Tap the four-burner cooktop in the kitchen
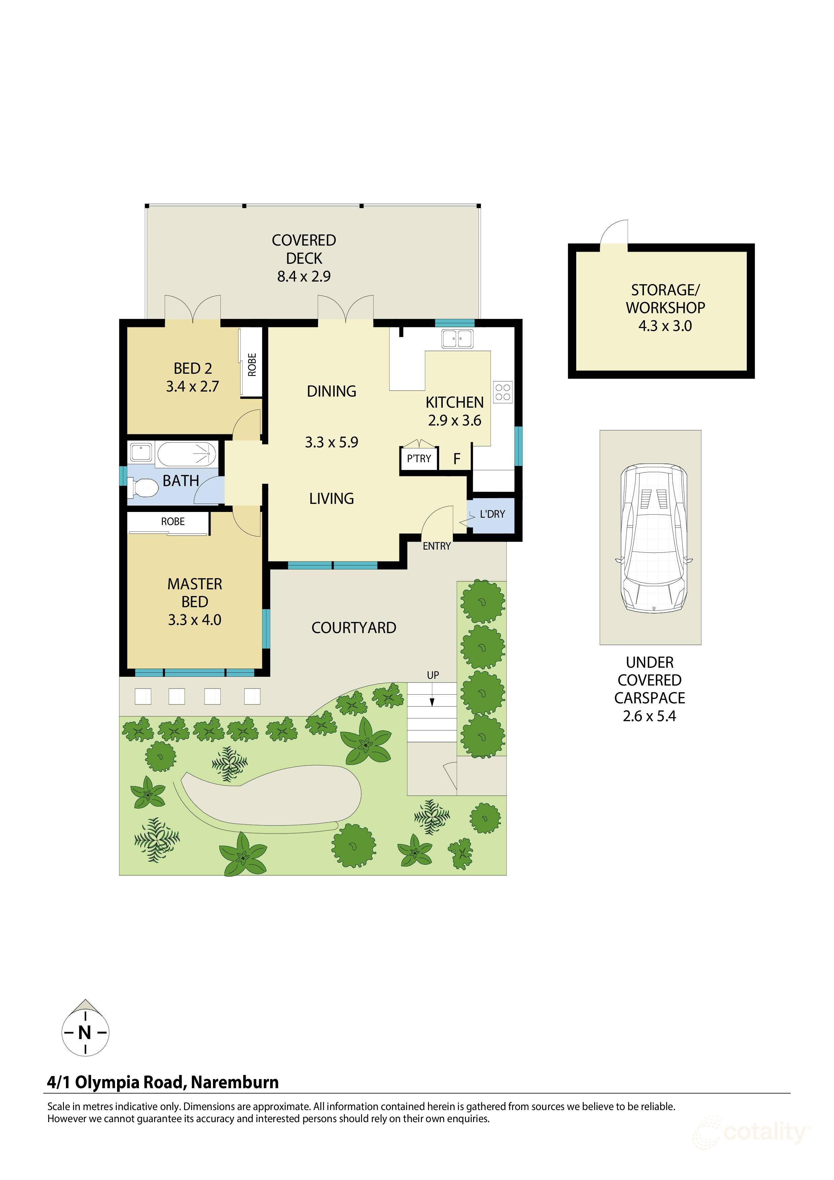coord(503,392)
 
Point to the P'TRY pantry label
coord(419,458)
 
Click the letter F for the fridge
coord(456,459)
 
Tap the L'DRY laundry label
coord(492,514)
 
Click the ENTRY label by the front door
coord(436,546)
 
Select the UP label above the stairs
coord(433,675)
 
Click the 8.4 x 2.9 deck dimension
coord(304,276)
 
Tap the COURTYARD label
coord(354,628)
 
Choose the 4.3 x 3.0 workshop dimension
coord(664,326)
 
